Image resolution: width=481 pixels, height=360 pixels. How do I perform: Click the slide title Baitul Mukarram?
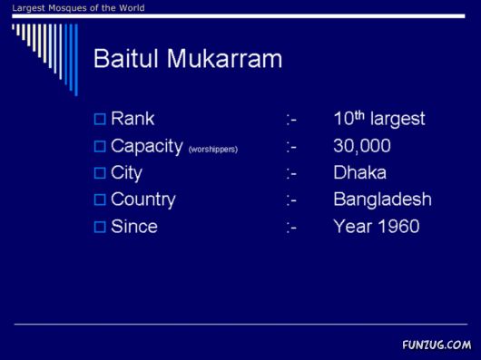point(188,60)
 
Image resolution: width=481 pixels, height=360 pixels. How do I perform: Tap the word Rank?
point(133,119)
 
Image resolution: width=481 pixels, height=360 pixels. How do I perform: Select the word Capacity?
point(146,146)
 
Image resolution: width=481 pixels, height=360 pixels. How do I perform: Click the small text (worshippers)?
point(212,149)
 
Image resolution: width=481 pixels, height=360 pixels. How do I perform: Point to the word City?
point(126,172)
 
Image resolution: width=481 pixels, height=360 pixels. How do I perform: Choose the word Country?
point(142,199)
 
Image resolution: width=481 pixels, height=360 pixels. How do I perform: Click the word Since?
point(133,227)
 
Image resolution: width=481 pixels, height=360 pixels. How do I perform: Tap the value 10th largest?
point(378,119)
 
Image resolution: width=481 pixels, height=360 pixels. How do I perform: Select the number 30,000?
point(362,146)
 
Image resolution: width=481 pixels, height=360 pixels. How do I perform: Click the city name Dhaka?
point(359,172)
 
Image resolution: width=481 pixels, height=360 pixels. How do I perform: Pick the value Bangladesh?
point(382,199)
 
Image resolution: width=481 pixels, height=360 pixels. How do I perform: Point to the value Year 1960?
point(376,227)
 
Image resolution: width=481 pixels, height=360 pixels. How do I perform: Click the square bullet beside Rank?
point(100,119)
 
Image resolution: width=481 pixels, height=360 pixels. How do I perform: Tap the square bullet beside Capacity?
point(100,146)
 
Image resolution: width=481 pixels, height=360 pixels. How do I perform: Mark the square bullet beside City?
point(100,172)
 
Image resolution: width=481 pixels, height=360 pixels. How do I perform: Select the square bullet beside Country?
point(100,199)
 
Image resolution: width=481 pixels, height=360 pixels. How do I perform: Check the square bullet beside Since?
point(100,227)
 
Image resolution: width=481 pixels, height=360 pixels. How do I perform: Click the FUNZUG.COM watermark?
point(437,345)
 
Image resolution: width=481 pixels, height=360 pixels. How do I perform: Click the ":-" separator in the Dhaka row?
point(290,172)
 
